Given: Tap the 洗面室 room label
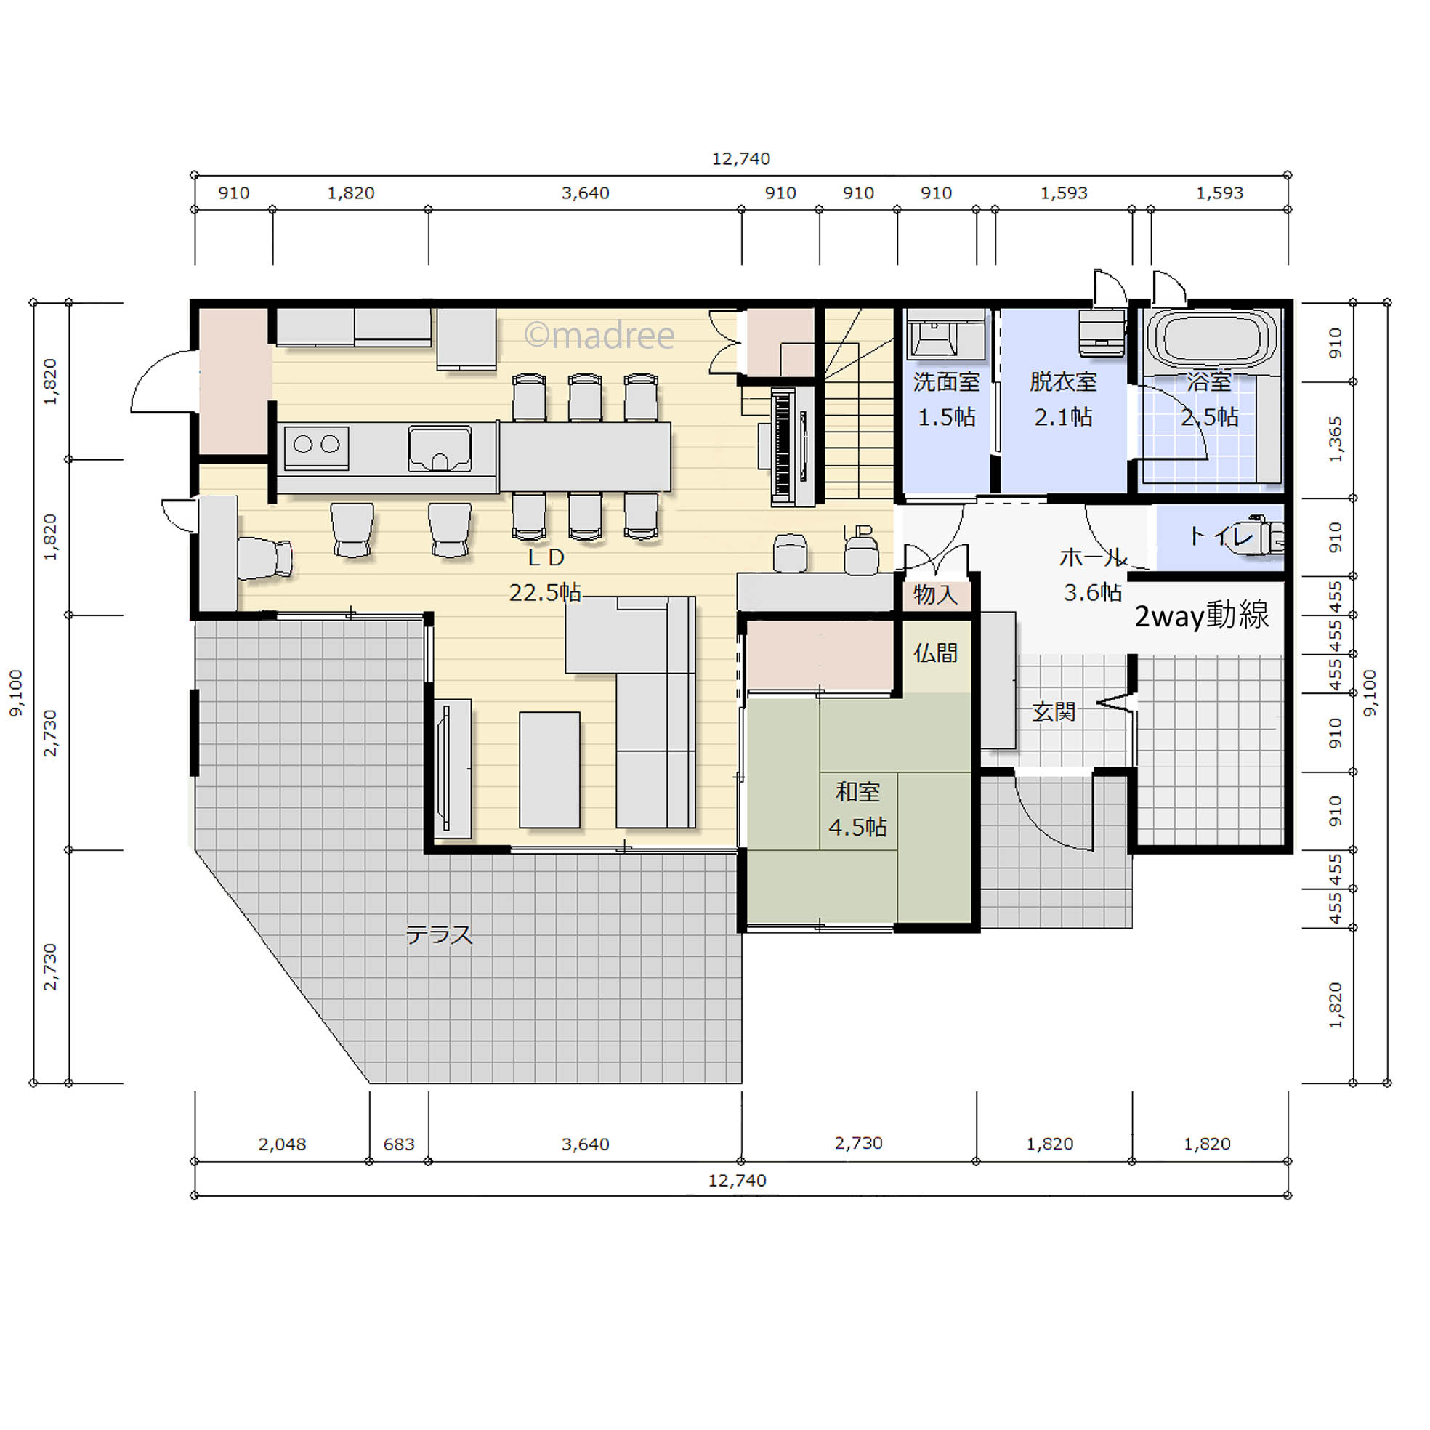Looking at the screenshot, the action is click(947, 382).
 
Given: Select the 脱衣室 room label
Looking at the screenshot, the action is click(1063, 382).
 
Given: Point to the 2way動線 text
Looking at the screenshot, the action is click(1202, 615).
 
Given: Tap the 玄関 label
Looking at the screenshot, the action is click(1054, 712).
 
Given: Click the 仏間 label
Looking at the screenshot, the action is click(936, 653).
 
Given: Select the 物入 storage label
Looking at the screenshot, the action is click(936, 594).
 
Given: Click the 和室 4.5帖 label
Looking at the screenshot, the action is click(858, 809).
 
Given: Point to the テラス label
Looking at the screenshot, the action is click(440, 935).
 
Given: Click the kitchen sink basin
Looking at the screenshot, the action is click(440, 448).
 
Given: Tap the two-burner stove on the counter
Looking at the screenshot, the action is click(317, 446).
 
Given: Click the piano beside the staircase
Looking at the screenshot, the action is click(787, 446).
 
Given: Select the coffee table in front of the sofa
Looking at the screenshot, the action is click(549, 769).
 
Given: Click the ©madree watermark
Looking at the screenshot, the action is click(599, 335).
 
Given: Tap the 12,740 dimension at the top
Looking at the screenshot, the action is click(741, 158).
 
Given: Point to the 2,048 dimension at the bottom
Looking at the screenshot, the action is click(282, 1144).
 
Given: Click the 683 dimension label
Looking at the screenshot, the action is click(399, 1144).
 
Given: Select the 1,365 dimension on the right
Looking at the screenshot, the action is click(1336, 440).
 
